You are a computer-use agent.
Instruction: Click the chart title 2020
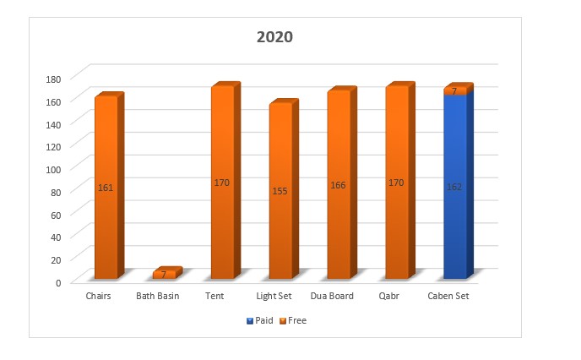coord(274,37)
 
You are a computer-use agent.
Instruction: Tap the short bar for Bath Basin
coord(165,275)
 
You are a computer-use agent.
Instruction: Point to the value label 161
coord(106,188)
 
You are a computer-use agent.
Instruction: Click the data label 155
coord(280,191)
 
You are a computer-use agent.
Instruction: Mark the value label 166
coord(339,185)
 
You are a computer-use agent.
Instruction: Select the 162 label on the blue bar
coord(454,187)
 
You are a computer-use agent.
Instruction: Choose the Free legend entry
coord(295,321)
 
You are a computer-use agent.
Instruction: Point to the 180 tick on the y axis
coord(54,79)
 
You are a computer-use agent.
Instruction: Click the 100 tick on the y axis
coord(54,169)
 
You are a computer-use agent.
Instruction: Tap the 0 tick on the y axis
coord(59,282)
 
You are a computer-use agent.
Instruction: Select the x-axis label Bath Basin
coord(158,297)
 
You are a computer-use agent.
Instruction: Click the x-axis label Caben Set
coord(448,297)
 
